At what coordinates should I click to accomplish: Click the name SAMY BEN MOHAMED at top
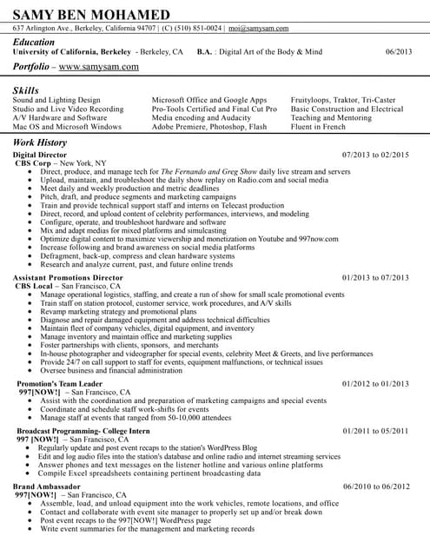click(x=91, y=15)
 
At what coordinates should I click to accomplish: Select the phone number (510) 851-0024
click(x=188, y=29)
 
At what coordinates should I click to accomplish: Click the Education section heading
click(x=34, y=42)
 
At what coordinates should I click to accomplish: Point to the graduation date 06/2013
click(x=399, y=52)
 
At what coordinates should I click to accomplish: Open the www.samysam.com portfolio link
click(x=98, y=66)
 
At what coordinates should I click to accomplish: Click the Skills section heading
click(x=26, y=90)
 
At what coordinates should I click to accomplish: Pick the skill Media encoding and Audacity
click(x=201, y=118)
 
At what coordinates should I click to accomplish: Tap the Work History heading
click(x=41, y=142)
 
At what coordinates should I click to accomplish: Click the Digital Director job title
click(x=42, y=154)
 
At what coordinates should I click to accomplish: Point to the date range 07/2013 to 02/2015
click(x=375, y=154)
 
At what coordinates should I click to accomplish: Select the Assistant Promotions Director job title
click(x=68, y=277)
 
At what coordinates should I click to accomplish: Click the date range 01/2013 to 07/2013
click(x=375, y=277)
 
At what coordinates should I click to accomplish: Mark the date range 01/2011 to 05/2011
click(x=375, y=431)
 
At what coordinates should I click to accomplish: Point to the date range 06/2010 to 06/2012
click(x=375, y=486)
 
